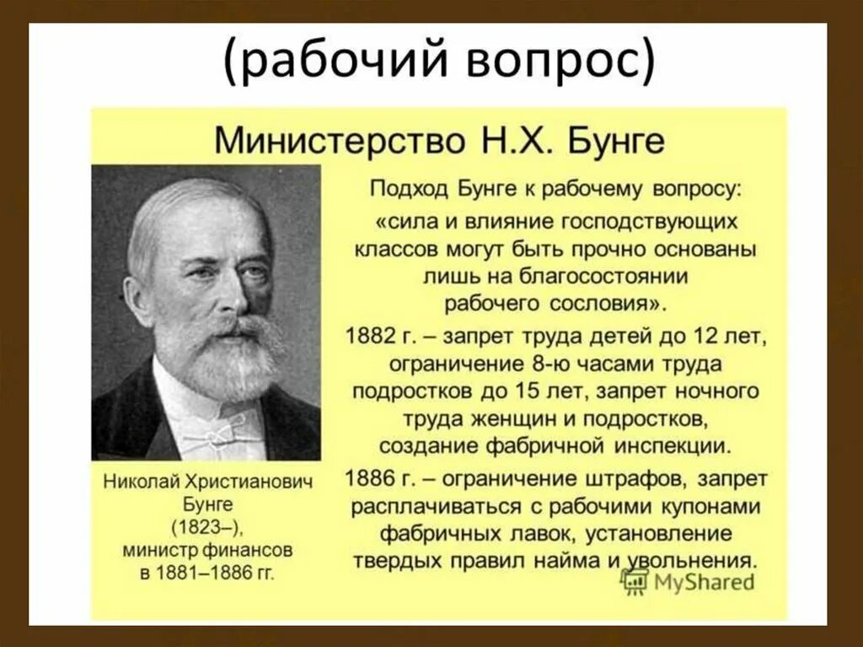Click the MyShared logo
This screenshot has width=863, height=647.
click(x=687, y=580)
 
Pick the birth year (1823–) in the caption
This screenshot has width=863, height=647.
click(x=207, y=527)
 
